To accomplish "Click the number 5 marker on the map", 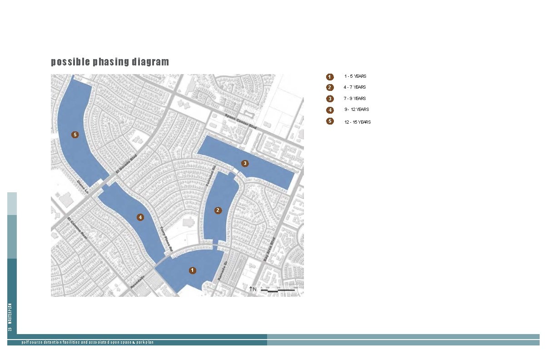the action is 75,135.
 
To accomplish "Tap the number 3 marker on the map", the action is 245,163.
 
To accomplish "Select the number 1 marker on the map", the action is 193,270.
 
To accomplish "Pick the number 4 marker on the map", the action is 141,218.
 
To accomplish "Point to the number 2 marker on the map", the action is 218,210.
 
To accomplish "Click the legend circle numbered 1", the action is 330,77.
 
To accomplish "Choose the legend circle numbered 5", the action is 330,121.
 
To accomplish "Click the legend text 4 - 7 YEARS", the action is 355,87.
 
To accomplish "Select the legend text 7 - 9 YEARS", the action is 355,99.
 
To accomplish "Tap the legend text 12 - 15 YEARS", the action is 357,122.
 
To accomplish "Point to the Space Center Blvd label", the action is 241,122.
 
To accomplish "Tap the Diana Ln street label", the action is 82,187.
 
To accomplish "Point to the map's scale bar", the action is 279,289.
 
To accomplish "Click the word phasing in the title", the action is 111,62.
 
